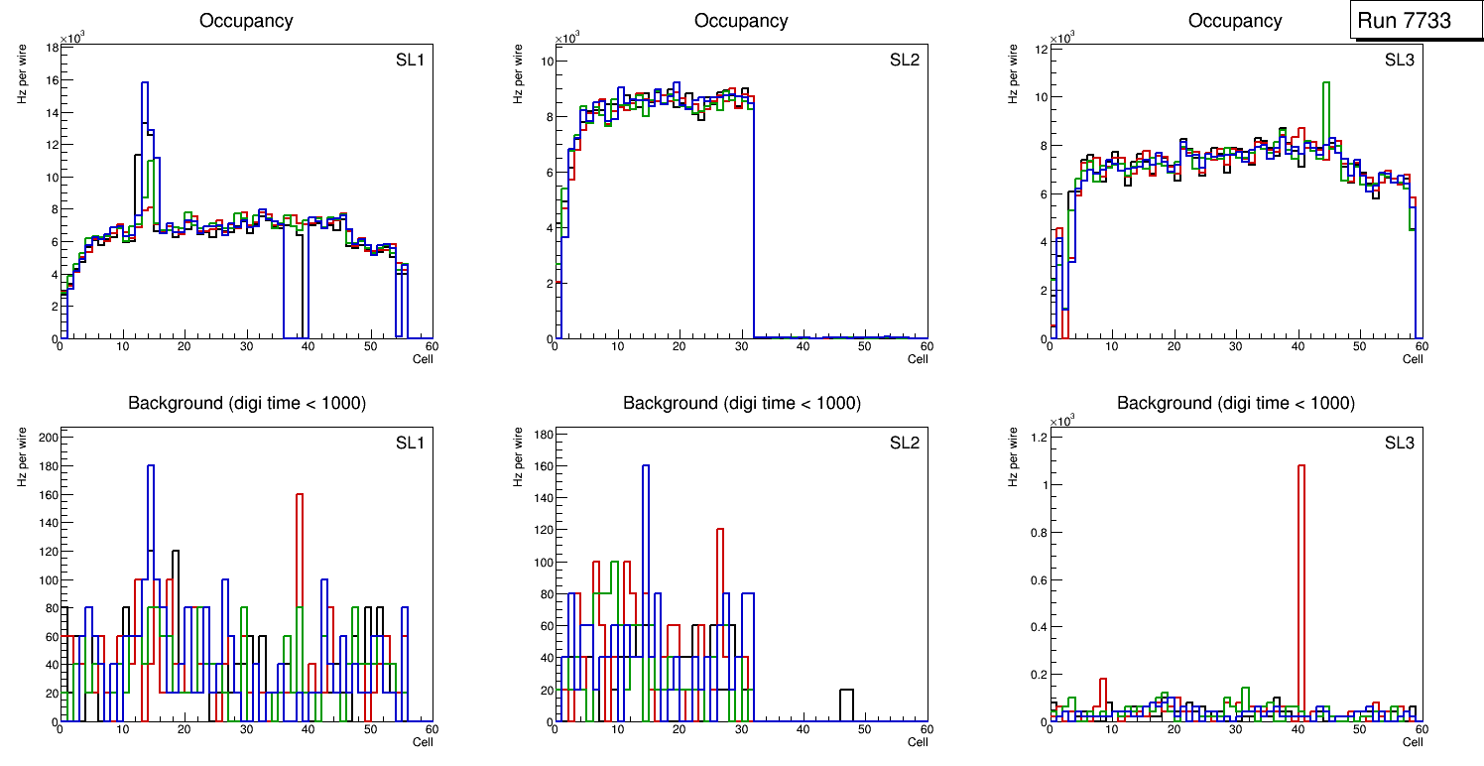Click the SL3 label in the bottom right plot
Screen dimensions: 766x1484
[x=1400, y=443]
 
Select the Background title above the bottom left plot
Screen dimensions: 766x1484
[x=246, y=403]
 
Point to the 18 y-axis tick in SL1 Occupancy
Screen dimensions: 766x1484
[x=50, y=48]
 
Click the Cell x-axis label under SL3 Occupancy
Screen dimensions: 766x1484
[x=1413, y=359]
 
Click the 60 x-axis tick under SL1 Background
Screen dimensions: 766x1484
[x=432, y=730]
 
